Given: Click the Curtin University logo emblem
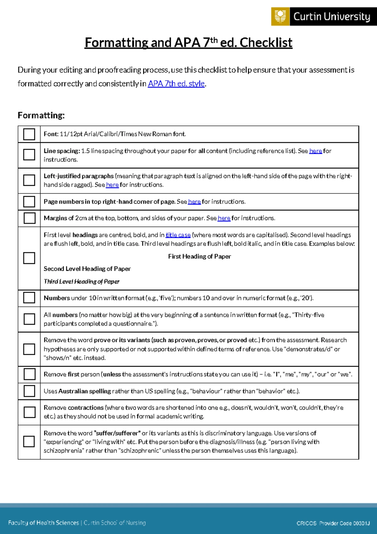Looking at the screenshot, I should (280, 16).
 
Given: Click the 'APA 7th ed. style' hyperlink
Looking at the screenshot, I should (177, 84).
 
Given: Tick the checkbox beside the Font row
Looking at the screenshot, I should (29, 134).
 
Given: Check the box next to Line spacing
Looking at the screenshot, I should (29, 155).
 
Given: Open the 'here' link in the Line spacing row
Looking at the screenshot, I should (315, 151).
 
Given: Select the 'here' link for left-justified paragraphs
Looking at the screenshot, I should (112, 185).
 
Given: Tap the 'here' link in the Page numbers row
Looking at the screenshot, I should (194, 202).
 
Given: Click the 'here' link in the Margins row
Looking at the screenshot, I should (224, 218).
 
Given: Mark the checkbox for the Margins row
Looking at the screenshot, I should (29, 218).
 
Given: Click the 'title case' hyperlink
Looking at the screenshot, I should (178, 235).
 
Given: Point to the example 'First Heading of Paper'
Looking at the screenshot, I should (199, 257).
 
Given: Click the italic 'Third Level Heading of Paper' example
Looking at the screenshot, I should (81, 281).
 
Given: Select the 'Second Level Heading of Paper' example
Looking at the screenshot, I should (87, 269).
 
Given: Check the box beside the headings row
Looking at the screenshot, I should (29, 258).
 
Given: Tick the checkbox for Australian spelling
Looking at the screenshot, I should (29, 391).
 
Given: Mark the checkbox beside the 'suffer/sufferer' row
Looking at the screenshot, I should (29, 441).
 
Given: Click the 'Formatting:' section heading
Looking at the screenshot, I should (41, 116).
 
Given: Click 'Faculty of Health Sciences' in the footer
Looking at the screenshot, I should (43, 523).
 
